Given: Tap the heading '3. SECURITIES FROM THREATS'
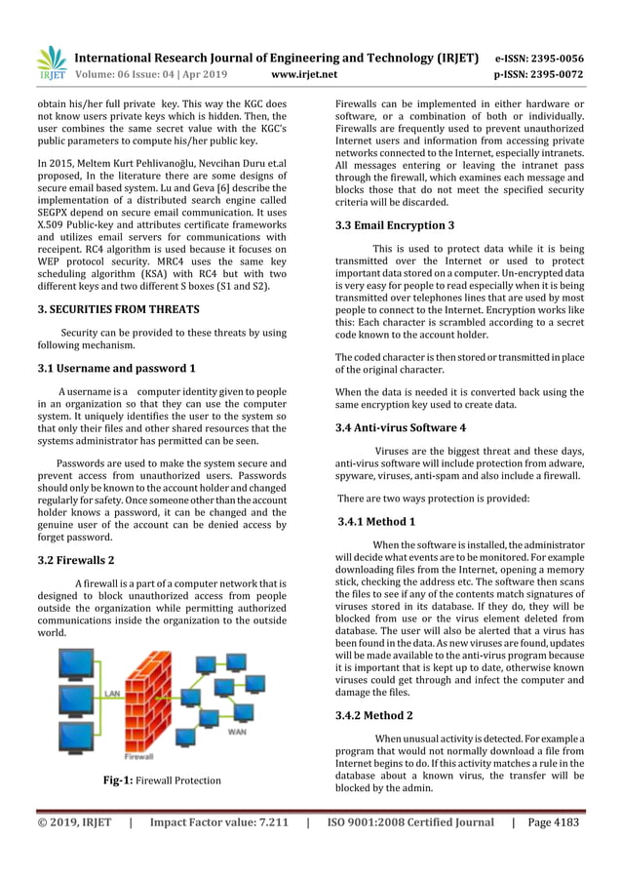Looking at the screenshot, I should click(118, 309).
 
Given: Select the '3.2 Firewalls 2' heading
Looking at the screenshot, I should click(76, 560).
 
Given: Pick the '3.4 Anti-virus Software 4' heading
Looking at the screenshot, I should click(401, 427).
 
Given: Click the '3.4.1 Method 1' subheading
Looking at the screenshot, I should click(376, 522).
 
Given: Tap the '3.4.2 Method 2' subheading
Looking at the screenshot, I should click(376, 715).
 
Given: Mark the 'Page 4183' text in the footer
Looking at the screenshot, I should click(553, 822).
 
